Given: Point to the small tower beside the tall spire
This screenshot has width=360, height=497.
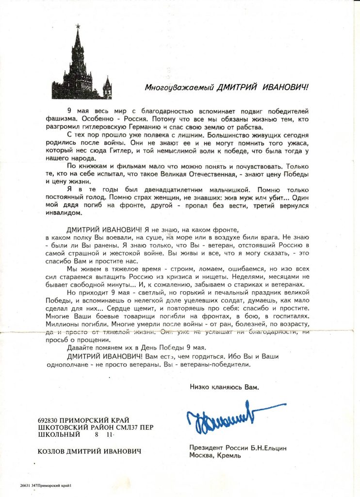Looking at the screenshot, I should click(107, 88).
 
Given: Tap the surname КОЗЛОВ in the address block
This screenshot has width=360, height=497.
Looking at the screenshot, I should click(51, 451).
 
